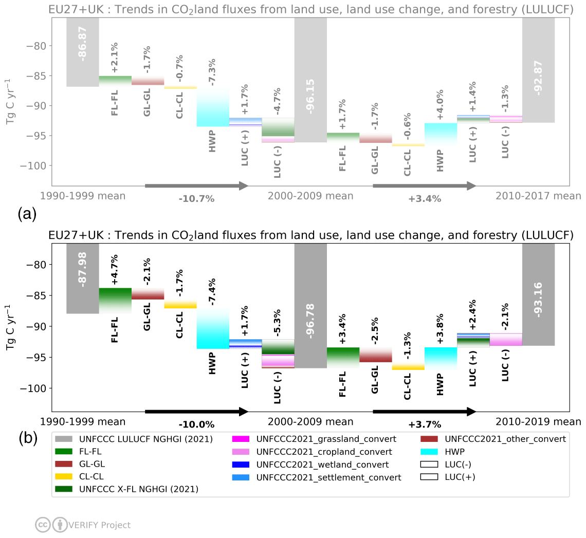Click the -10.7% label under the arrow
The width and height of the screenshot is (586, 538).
(x=197, y=199)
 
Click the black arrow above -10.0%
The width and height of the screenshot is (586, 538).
(x=197, y=411)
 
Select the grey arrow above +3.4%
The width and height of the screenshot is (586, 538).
(x=425, y=185)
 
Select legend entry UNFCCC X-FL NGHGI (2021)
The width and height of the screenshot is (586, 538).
(x=139, y=489)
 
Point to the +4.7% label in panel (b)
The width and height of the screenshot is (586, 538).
(x=115, y=269)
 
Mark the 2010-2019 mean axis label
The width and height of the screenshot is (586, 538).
(x=538, y=422)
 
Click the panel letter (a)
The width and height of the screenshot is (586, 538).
(x=27, y=213)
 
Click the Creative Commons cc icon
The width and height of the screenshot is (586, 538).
(x=42, y=525)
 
